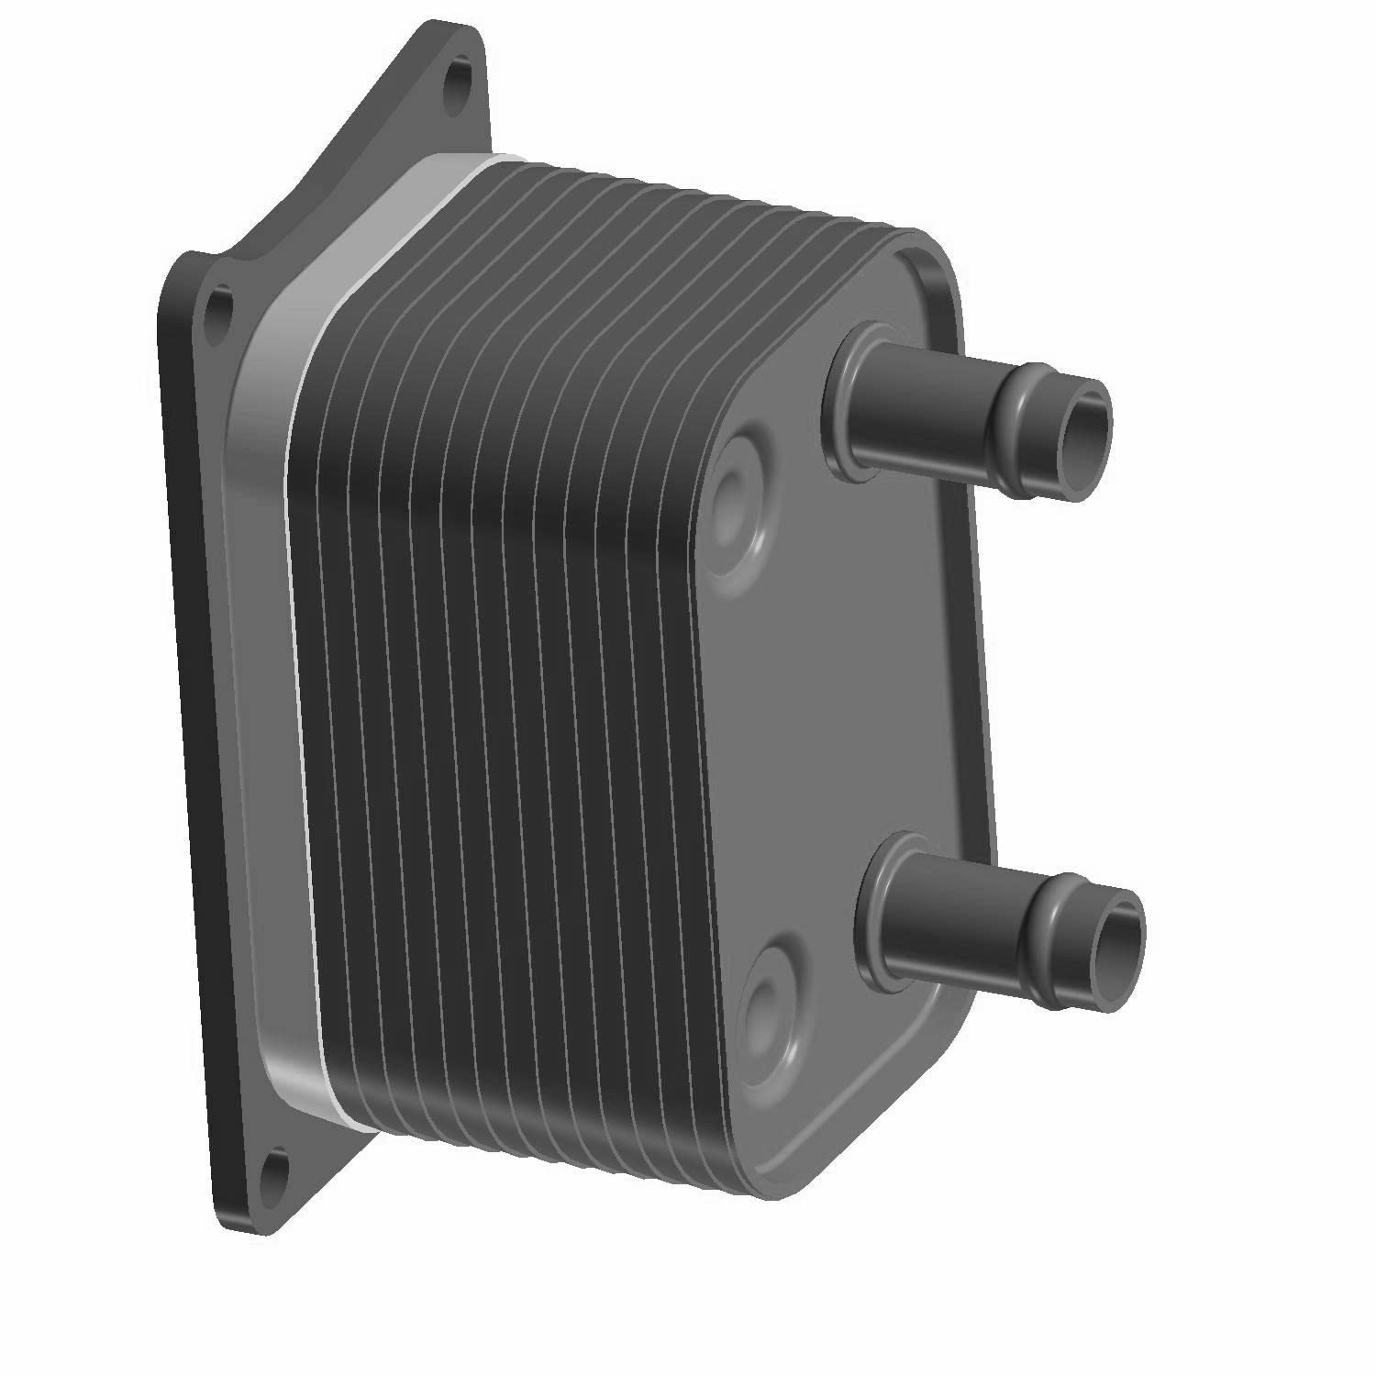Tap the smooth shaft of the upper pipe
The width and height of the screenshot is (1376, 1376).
(x=927, y=413)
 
